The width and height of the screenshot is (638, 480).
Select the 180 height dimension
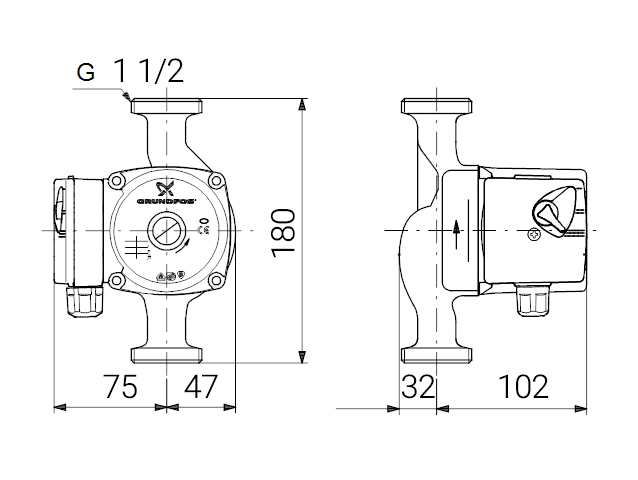pyautogui.click(x=284, y=231)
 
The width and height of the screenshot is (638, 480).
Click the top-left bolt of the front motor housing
pyautogui.click(x=118, y=182)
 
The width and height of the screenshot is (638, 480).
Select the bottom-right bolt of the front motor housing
pyautogui.click(x=217, y=283)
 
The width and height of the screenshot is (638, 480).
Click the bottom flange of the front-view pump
pyautogui.click(x=167, y=354)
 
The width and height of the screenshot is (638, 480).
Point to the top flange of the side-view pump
pyautogui.click(x=437, y=105)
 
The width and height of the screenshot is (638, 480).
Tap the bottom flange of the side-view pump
pyautogui.click(x=437, y=354)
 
